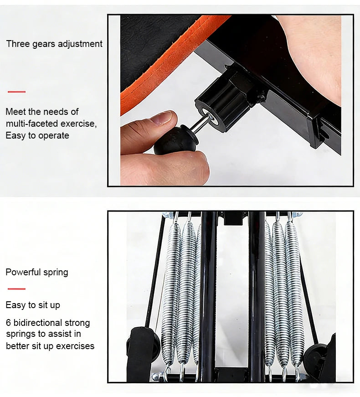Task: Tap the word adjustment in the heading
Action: pos(80,44)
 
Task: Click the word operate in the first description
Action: pos(54,136)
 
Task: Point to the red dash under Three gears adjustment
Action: pos(16,92)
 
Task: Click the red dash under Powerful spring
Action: pos(16,289)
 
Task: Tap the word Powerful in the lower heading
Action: pos(23,272)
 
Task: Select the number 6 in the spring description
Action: pos(8,323)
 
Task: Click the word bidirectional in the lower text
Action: pos(37,323)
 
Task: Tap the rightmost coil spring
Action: pos(294,294)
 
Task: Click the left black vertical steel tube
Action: pos(208,296)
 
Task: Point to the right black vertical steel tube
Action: pos(257,296)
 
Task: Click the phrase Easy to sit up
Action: pos(33,305)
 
